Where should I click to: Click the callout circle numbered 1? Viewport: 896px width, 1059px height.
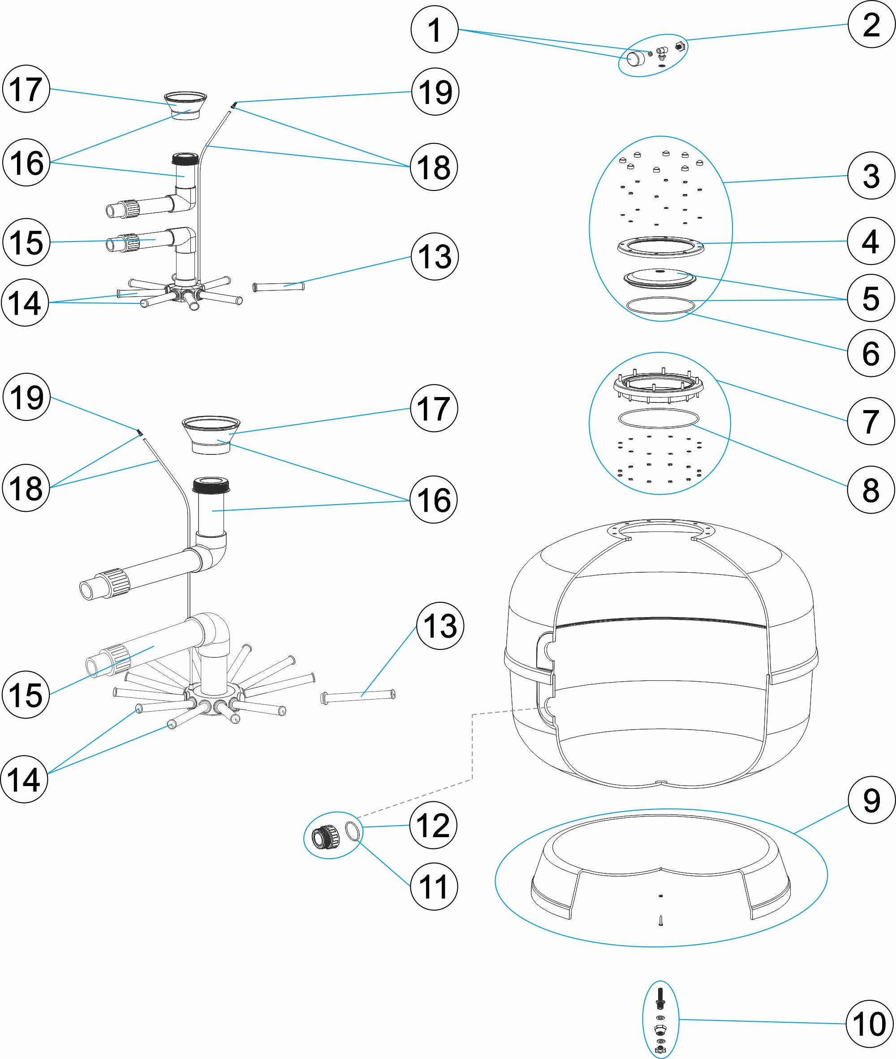(434, 30)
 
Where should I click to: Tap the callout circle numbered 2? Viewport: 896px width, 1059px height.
(871, 24)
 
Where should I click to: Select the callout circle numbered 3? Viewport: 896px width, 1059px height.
(871, 176)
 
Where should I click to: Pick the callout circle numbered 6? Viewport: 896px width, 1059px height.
(870, 353)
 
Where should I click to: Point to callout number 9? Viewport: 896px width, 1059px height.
(871, 800)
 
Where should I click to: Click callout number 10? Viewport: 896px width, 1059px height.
(869, 1024)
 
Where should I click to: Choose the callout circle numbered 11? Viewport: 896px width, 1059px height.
(434, 887)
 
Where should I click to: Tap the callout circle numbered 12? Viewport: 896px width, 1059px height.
(433, 825)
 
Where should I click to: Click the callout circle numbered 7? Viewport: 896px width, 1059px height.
(870, 421)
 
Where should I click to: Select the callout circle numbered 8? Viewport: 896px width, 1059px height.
(870, 490)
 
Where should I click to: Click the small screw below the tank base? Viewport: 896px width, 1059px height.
(660, 920)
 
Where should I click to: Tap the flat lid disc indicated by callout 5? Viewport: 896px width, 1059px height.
(660, 278)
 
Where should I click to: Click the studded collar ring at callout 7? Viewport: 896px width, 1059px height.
(658, 387)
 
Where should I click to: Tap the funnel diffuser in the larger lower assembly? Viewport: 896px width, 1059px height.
(211, 434)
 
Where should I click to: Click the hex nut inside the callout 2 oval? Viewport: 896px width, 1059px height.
(680, 47)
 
